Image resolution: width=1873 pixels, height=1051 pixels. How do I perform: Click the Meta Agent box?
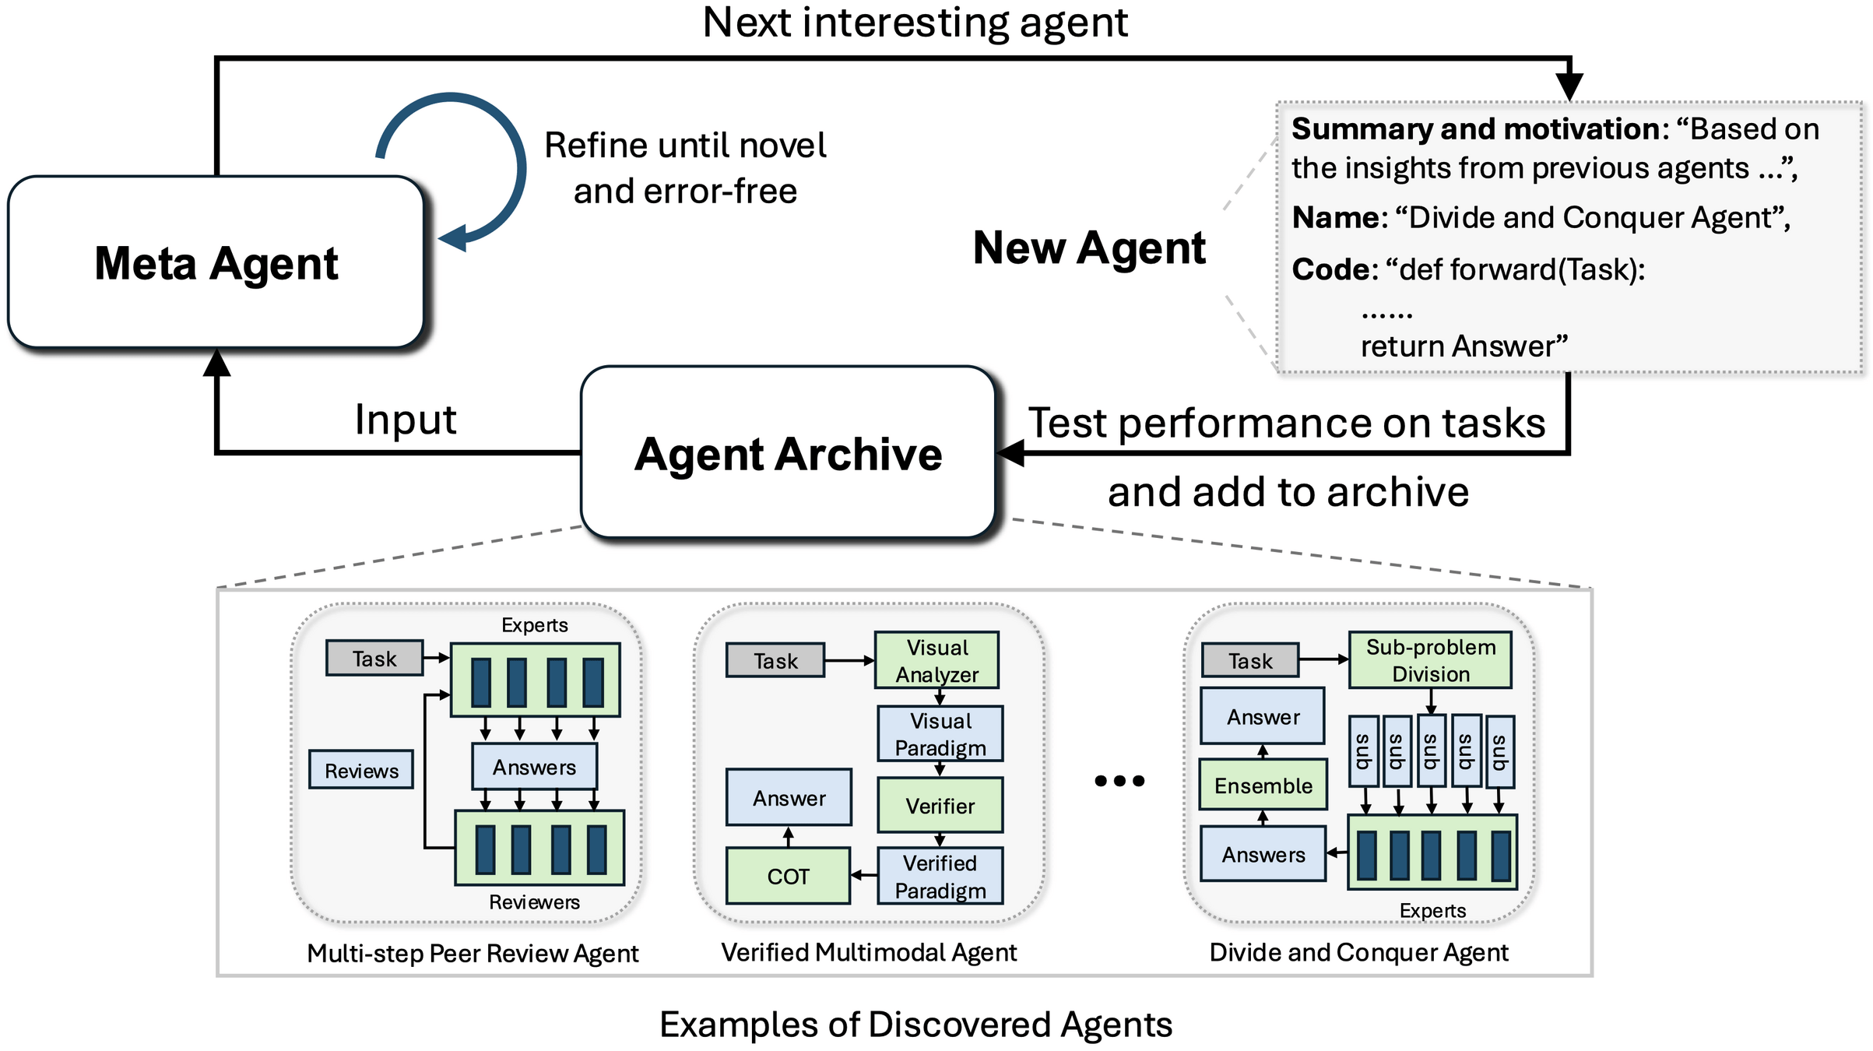click(x=216, y=262)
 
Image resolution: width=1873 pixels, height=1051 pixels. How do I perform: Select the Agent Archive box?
click(x=788, y=453)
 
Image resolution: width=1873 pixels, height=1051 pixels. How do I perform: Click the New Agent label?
click(x=1088, y=248)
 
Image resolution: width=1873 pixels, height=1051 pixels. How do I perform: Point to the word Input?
click(x=405, y=420)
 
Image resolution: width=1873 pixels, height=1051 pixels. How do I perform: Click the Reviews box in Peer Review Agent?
click(x=361, y=770)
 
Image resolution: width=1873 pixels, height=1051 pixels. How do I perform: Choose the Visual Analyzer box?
click(x=936, y=660)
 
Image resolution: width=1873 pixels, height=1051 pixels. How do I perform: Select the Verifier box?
click(x=940, y=805)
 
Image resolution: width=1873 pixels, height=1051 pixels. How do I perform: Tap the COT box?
click(x=788, y=876)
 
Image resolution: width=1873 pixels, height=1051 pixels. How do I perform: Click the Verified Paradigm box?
click(x=940, y=876)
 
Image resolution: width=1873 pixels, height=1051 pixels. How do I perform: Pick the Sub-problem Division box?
click(x=1430, y=660)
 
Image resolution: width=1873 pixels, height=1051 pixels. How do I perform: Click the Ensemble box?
click(x=1263, y=785)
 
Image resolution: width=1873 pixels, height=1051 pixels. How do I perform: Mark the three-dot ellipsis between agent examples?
click(x=1119, y=780)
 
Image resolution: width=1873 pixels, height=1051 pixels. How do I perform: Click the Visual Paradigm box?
click(x=940, y=733)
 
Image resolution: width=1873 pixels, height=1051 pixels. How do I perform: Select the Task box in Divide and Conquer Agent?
click(x=1250, y=660)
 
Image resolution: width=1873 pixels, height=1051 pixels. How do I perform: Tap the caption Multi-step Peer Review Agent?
click(x=473, y=953)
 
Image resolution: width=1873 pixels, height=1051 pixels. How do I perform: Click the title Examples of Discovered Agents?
click(x=915, y=1024)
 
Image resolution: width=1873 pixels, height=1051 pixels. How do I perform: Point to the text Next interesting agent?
click(x=915, y=23)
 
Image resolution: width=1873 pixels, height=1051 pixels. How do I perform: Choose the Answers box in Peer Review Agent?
click(x=534, y=767)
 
